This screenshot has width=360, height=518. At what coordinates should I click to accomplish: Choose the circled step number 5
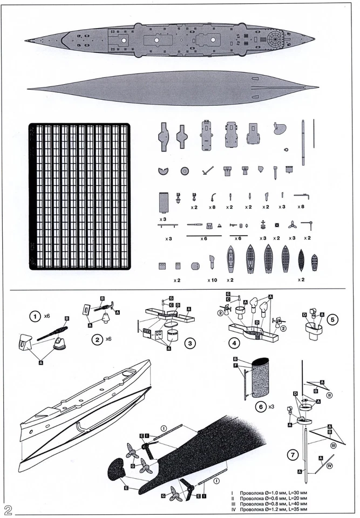[x=333, y=319]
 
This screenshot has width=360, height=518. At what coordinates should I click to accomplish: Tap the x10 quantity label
[x=212, y=280]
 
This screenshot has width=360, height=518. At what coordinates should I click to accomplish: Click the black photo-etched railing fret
[x=79, y=196]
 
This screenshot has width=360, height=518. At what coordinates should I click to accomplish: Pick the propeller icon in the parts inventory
[x=292, y=224]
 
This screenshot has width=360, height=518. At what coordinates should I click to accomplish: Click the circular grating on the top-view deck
[x=275, y=39]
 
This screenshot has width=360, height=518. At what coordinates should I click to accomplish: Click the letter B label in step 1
[x=67, y=318]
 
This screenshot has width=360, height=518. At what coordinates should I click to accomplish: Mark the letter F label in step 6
[x=235, y=365]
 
